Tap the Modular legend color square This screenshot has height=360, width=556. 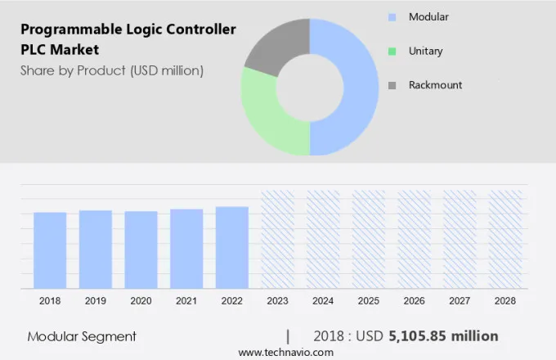pos(392,16)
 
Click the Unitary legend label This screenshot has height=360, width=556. pos(425,51)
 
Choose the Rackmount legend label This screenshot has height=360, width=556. pos(435,85)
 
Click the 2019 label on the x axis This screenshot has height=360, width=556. pos(96,301)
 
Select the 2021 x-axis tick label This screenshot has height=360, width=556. pos(186,301)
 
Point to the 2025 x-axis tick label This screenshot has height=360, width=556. pos(369,301)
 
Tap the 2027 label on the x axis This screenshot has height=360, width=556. pos(460,301)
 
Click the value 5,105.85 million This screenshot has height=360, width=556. pos(443,336)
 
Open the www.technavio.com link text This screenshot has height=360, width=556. pos(285,352)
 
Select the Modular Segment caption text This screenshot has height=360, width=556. pos(82,336)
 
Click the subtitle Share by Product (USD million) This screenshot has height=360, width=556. pos(111,70)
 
